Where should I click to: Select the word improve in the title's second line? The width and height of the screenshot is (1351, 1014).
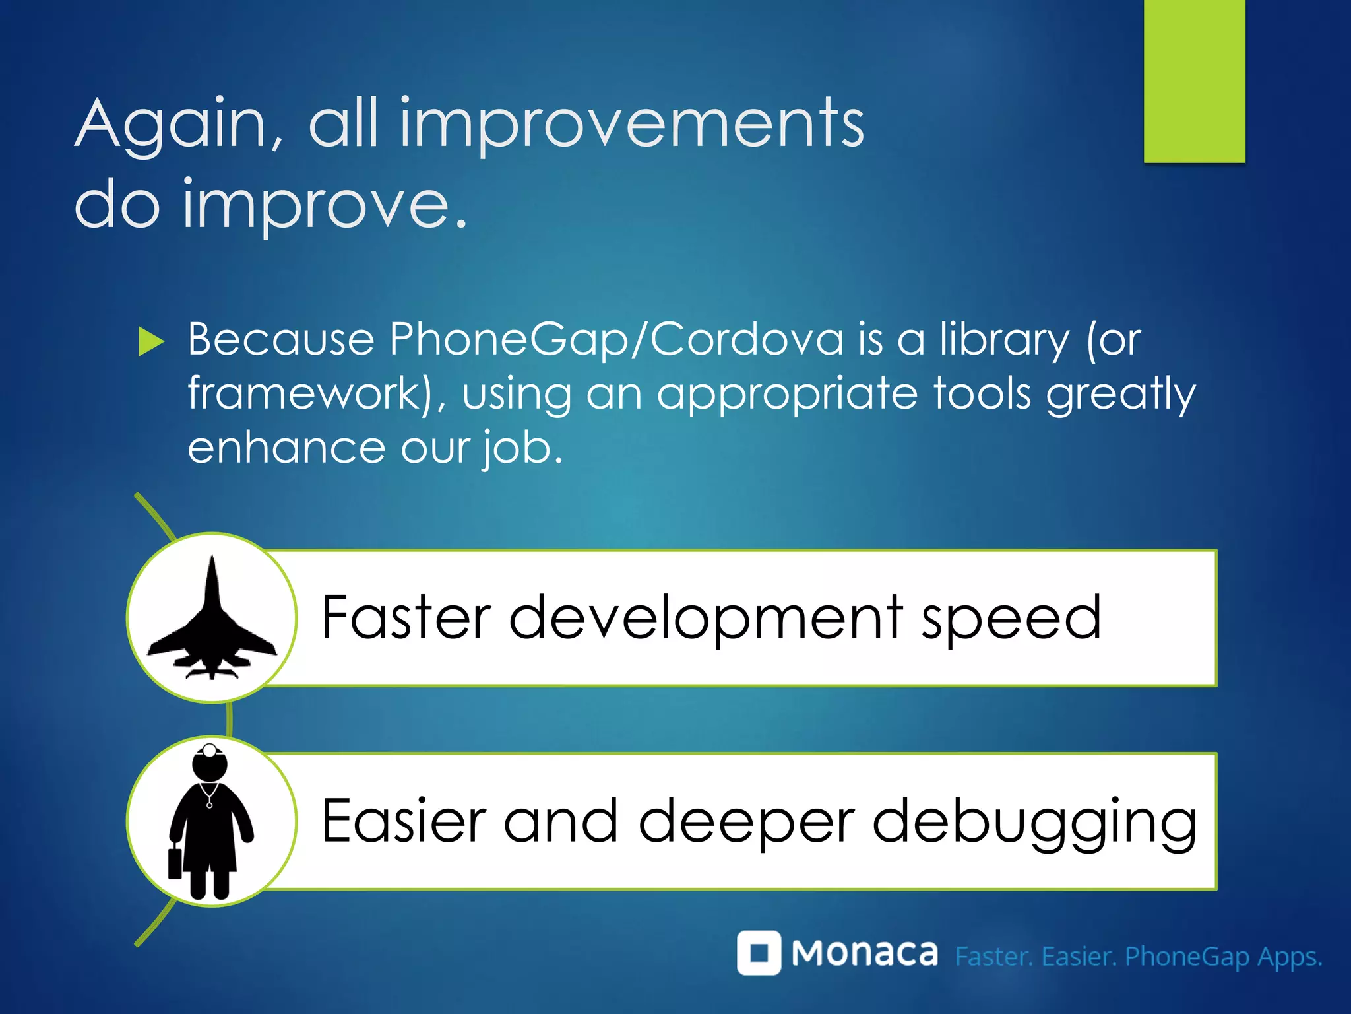click(x=315, y=206)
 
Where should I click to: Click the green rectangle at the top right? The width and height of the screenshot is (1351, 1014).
click(x=1194, y=81)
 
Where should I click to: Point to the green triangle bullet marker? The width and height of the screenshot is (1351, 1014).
click(x=151, y=342)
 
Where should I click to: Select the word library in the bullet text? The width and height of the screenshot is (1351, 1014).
click(x=1004, y=340)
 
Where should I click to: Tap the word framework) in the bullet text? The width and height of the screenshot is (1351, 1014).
click(x=310, y=394)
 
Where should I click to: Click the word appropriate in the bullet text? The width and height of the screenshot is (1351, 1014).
click(x=787, y=394)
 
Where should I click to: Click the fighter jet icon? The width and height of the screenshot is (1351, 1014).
click(x=212, y=621)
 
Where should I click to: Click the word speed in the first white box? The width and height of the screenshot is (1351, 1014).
click(x=1011, y=619)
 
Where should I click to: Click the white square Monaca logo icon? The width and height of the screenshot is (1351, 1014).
click(x=759, y=953)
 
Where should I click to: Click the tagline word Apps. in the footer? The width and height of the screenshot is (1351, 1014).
click(x=1290, y=957)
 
